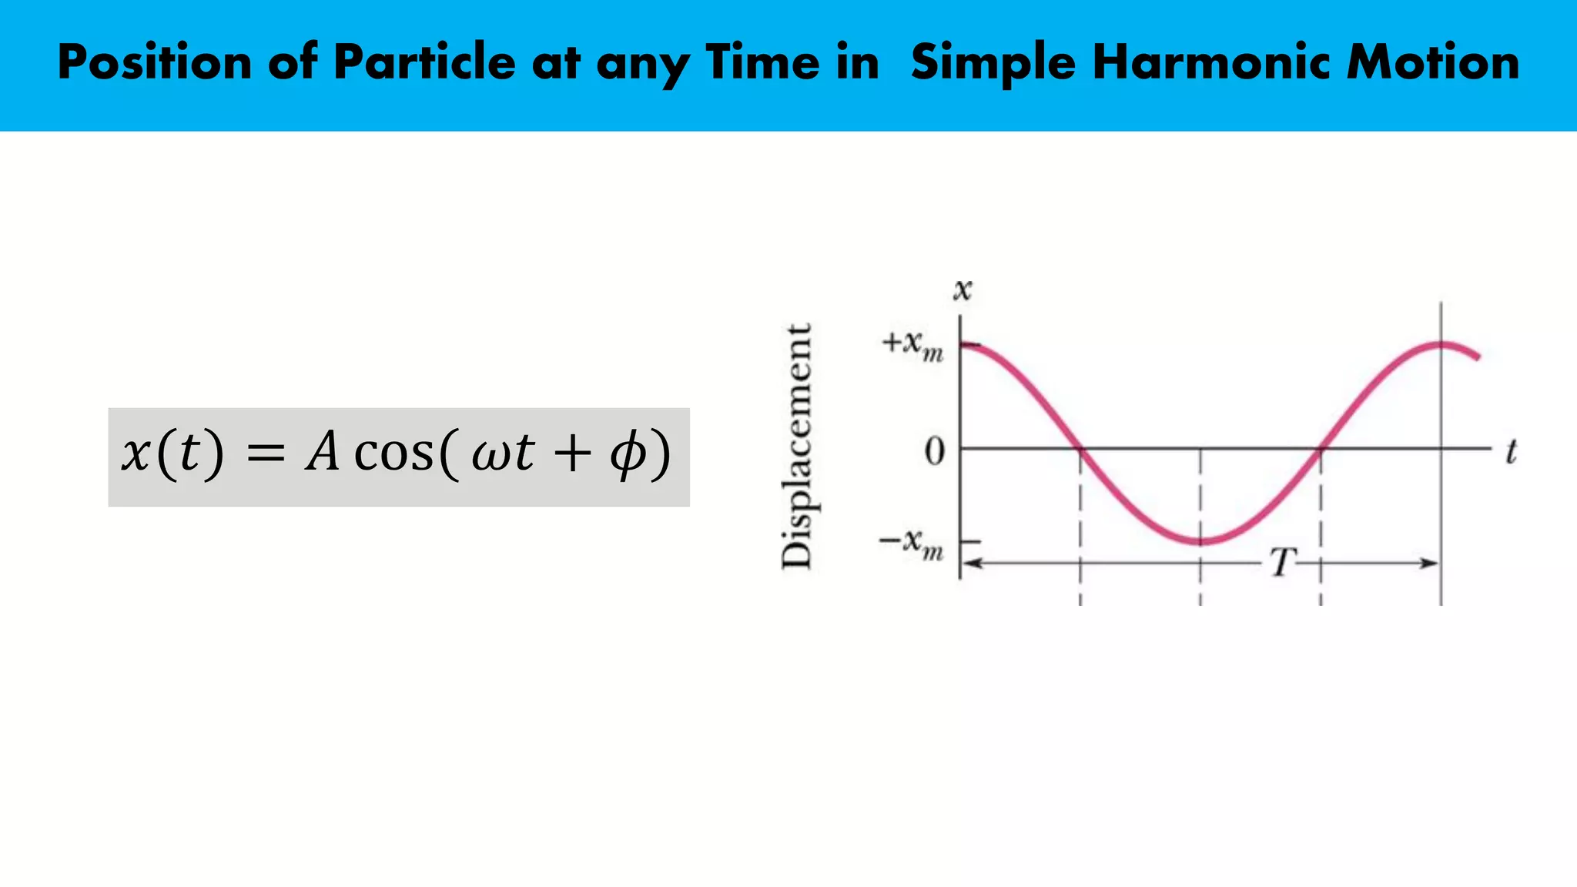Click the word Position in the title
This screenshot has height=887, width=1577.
point(154,62)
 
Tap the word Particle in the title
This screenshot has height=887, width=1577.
point(424,62)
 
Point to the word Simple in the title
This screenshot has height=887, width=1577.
point(993,62)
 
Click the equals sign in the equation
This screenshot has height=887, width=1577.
point(266,454)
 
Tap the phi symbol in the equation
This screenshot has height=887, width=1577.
point(628,454)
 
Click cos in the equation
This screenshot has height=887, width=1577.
point(393,454)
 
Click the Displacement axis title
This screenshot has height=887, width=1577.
point(797,447)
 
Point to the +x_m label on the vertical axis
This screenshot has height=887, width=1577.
point(912,346)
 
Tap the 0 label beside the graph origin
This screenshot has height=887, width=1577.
point(934,451)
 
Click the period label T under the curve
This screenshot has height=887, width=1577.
point(1282,562)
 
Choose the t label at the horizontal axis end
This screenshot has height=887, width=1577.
point(1511,452)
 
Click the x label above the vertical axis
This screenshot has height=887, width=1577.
point(963,290)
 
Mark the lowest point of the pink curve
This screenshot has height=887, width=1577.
point(1201,541)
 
